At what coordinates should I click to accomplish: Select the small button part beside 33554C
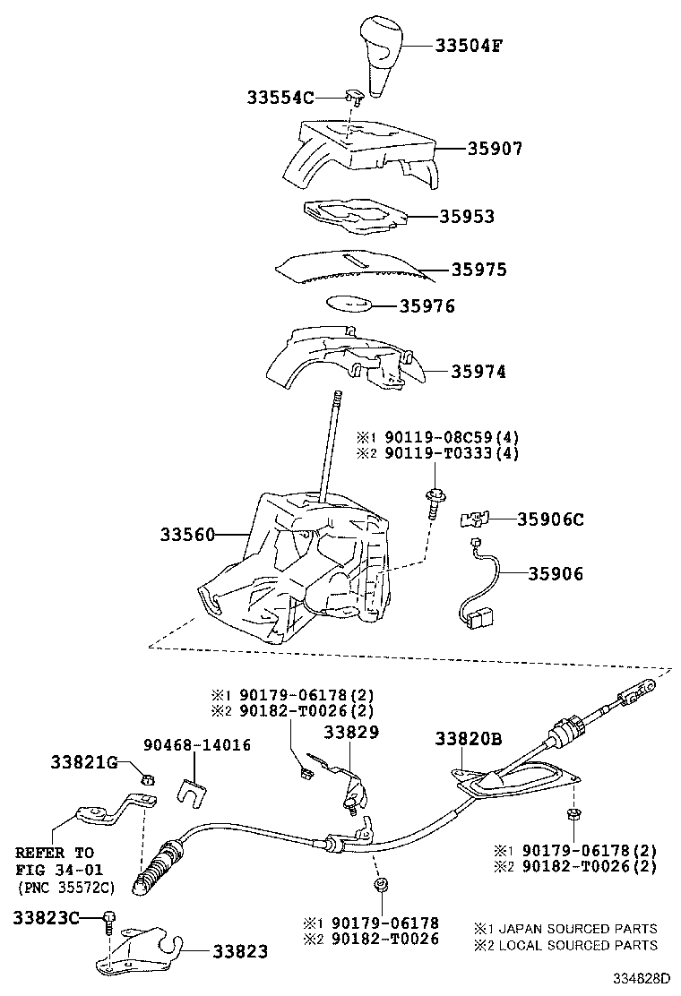(354, 97)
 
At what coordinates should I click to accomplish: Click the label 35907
(495, 148)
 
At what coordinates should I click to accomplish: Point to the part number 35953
(467, 216)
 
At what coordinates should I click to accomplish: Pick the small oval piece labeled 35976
(349, 303)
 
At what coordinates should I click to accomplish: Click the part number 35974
(478, 372)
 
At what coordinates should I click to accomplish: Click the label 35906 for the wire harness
(556, 573)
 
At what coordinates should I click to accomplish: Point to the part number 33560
(187, 535)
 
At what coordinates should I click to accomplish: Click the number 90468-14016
(197, 745)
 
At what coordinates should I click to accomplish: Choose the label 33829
(351, 733)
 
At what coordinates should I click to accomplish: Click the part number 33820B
(469, 739)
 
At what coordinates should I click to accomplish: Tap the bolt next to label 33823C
(110, 922)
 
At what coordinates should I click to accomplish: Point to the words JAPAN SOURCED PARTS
(578, 929)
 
